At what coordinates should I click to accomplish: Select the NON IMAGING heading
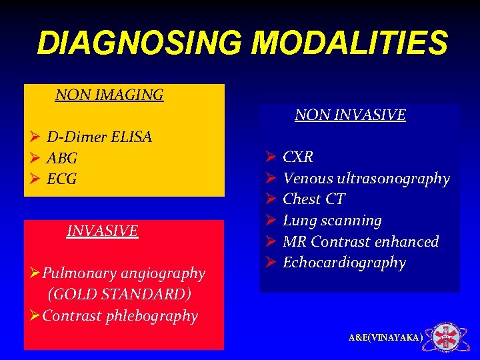[109, 95]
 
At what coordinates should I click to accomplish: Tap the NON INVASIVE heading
[350, 115]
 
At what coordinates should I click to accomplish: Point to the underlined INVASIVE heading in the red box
[102, 231]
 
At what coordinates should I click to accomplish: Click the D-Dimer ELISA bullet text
[99, 137]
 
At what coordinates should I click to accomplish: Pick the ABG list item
[62, 159]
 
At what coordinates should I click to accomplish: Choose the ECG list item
[62, 179]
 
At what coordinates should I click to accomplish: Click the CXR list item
[298, 157]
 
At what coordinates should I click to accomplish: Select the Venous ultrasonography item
[366, 179]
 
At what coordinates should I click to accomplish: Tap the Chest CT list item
[313, 199]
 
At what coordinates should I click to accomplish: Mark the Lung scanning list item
[332, 221]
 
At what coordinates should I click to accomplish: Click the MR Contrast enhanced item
[361, 241]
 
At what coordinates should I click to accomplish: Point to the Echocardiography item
[344, 263]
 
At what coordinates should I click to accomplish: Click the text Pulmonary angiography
[123, 273]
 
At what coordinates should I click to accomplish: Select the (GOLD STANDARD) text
[119, 294]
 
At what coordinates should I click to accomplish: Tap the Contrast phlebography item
[120, 315]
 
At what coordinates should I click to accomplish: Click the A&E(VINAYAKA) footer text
[385, 338]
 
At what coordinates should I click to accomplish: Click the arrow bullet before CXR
[271, 157]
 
